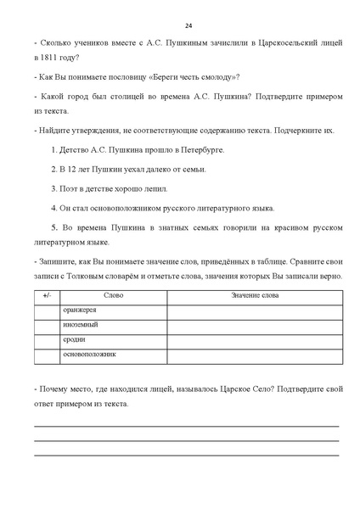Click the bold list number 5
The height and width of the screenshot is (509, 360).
[x=54, y=227]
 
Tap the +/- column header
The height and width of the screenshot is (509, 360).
[x=47, y=294]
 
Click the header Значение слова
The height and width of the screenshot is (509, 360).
[x=254, y=294]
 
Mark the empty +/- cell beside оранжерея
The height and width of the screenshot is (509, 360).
[x=47, y=310]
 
